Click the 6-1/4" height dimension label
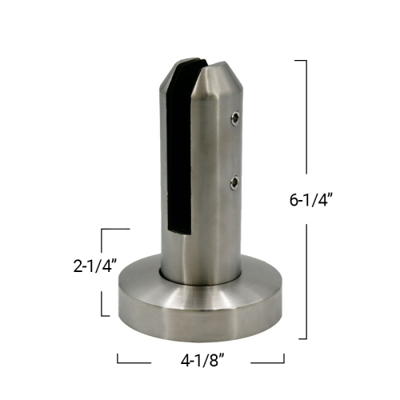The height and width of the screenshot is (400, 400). pos(311,199)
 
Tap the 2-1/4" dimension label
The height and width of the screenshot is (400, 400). pos(95,266)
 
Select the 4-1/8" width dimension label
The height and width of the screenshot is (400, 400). pos(202,361)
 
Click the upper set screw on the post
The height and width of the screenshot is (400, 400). pos(235,118)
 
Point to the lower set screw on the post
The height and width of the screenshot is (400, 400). pos(234,182)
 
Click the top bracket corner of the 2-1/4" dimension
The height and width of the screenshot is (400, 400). pos(102,229)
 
